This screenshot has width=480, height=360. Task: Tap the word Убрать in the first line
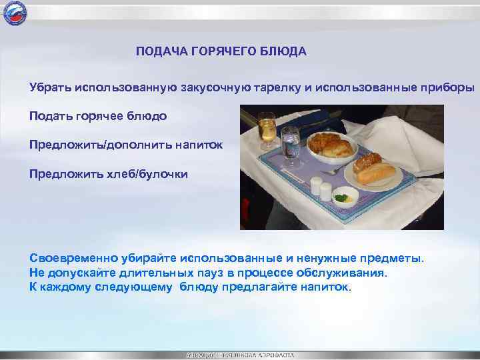tap(50, 88)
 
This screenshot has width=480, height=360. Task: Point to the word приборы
tap(450, 88)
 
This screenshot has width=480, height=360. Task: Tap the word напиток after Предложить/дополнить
tap(203, 145)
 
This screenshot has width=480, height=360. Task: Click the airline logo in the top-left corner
tap(16, 13)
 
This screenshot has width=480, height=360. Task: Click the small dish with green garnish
tap(345, 197)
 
